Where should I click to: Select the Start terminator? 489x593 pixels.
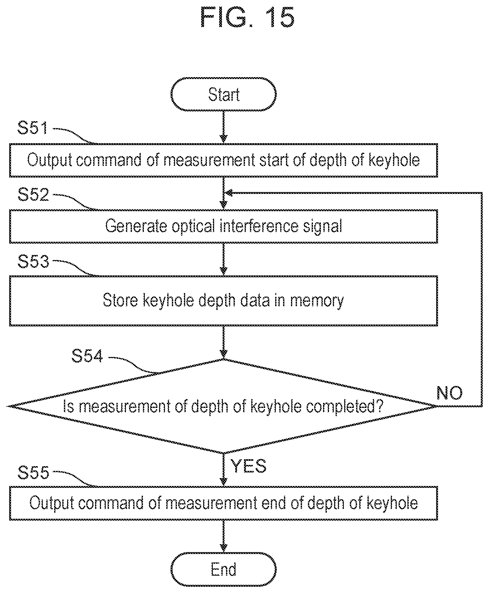224,94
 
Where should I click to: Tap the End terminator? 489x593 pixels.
224,569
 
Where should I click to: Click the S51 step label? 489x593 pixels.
33,128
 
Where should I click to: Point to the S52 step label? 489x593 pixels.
33,195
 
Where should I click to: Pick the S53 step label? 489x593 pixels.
33,261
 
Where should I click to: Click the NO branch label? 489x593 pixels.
450,393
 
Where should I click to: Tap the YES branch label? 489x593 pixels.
249,466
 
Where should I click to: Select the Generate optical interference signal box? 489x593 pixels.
224,226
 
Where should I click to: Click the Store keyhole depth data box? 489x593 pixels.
224,301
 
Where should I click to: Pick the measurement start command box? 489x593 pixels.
224,160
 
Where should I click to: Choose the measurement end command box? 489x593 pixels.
224,503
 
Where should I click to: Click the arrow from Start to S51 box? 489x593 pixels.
224,127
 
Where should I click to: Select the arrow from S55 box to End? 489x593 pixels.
224,536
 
